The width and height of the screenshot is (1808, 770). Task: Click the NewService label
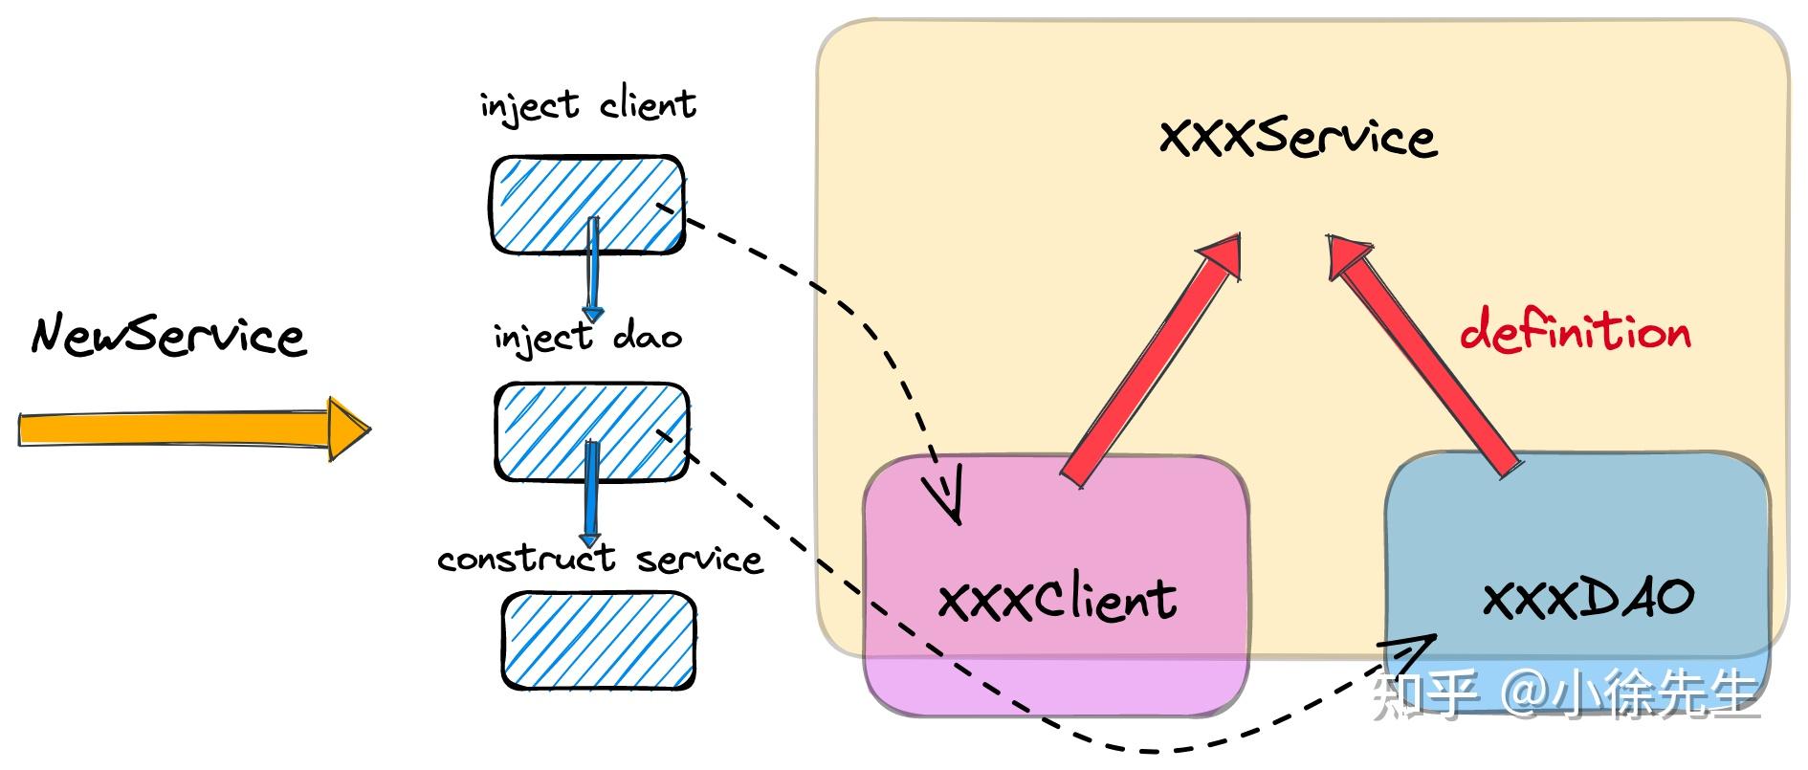point(168,336)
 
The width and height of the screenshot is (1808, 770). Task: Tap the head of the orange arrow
point(346,428)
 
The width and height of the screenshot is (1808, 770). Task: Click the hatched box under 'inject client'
point(587,205)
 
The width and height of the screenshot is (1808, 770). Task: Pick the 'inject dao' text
point(587,338)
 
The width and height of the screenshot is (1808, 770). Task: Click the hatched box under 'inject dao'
point(591,431)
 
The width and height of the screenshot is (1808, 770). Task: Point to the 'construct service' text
point(600,559)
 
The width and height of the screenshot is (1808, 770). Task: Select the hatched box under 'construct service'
point(598,640)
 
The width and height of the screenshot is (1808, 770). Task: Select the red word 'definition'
point(1575,332)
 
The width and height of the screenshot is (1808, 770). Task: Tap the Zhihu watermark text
point(1567,694)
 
